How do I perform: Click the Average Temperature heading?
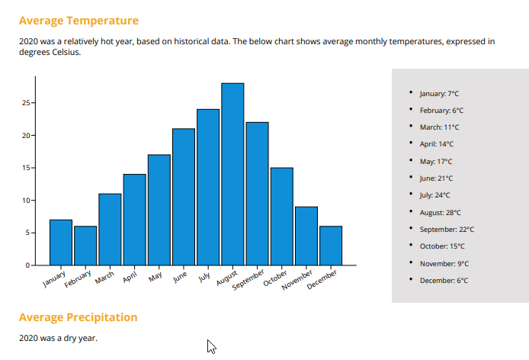pyautogui.click(x=79, y=21)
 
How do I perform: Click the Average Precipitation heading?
pyautogui.click(x=78, y=317)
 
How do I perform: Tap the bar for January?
pyautogui.click(x=61, y=243)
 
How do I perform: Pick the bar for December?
pyautogui.click(x=331, y=246)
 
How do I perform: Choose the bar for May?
pyautogui.click(x=159, y=210)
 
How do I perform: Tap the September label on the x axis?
pyautogui.click(x=247, y=280)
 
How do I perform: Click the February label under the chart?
pyautogui.click(x=79, y=278)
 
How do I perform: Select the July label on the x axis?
pyautogui.click(x=204, y=275)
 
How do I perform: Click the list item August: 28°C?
pyautogui.click(x=440, y=213)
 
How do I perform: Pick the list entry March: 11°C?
pyautogui.click(x=439, y=127)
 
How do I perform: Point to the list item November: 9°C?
pyautogui.click(x=444, y=264)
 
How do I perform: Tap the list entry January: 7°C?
pyautogui.click(x=439, y=94)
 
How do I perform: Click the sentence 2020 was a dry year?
pyautogui.click(x=58, y=338)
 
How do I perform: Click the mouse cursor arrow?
pyautogui.click(x=211, y=346)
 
